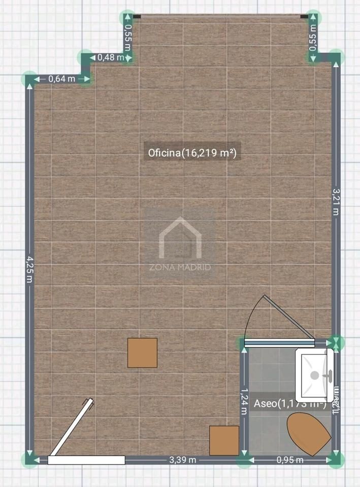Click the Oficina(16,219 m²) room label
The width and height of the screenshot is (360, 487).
tap(192, 152)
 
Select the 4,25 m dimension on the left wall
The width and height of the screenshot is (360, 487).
tap(30, 272)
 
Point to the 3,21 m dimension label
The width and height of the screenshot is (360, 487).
tap(335, 201)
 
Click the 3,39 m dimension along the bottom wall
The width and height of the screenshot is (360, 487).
tap(183, 460)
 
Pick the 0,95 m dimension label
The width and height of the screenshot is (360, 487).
tap(290, 460)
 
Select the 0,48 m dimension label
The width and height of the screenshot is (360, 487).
tap(110, 57)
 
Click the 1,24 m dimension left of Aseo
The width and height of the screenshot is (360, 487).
tap(244, 401)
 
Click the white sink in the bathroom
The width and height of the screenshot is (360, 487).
tap(315, 373)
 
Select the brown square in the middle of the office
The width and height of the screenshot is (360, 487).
tap(142, 353)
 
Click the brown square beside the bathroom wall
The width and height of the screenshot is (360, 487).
tap(224, 440)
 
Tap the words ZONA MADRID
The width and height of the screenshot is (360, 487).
tap(180, 267)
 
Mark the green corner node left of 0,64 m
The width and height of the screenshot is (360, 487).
tap(29, 79)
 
